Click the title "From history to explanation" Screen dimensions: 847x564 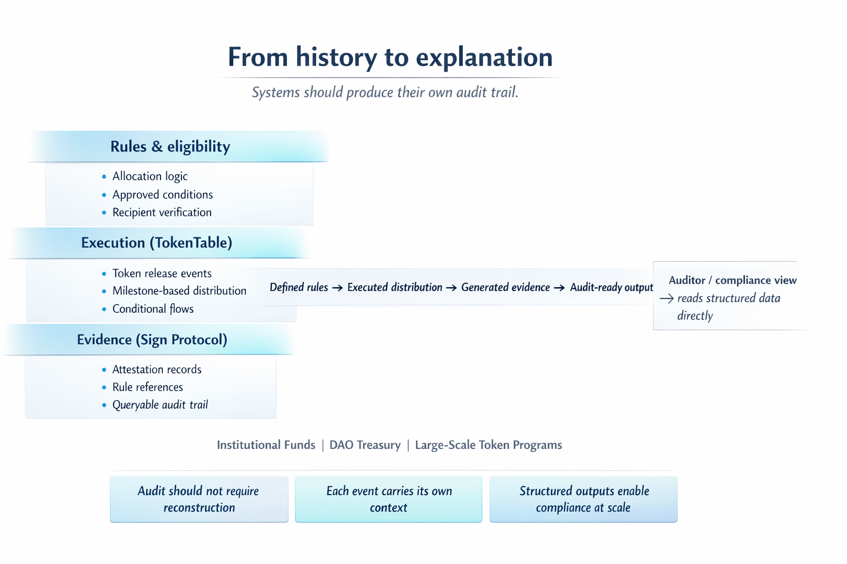click(390, 57)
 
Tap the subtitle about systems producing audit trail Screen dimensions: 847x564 click(385, 92)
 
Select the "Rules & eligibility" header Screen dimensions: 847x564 click(170, 147)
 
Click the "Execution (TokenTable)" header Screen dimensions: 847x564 click(157, 243)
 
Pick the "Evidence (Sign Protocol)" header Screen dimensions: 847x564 click(152, 340)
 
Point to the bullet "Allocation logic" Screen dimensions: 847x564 click(150, 176)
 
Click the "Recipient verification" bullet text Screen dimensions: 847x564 click(162, 212)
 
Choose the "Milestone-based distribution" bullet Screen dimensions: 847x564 click(179, 291)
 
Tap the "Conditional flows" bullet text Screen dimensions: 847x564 click(153, 309)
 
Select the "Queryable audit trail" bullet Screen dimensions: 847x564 click(160, 405)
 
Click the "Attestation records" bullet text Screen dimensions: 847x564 click(157, 370)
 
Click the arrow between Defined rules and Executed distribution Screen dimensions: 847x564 click(337, 288)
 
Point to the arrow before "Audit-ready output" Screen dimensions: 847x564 click(559, 288)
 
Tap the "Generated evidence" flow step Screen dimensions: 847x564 click(506, 288)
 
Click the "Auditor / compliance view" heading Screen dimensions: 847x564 click(732, 280)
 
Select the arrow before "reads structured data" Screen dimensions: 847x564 click(667, 299)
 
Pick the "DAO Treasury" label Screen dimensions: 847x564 click(365, 445)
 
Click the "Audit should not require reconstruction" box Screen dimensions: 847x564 click(199, 500)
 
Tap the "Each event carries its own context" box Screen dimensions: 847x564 click(389, 500)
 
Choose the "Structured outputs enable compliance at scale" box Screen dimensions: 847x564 click(583, 500)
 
